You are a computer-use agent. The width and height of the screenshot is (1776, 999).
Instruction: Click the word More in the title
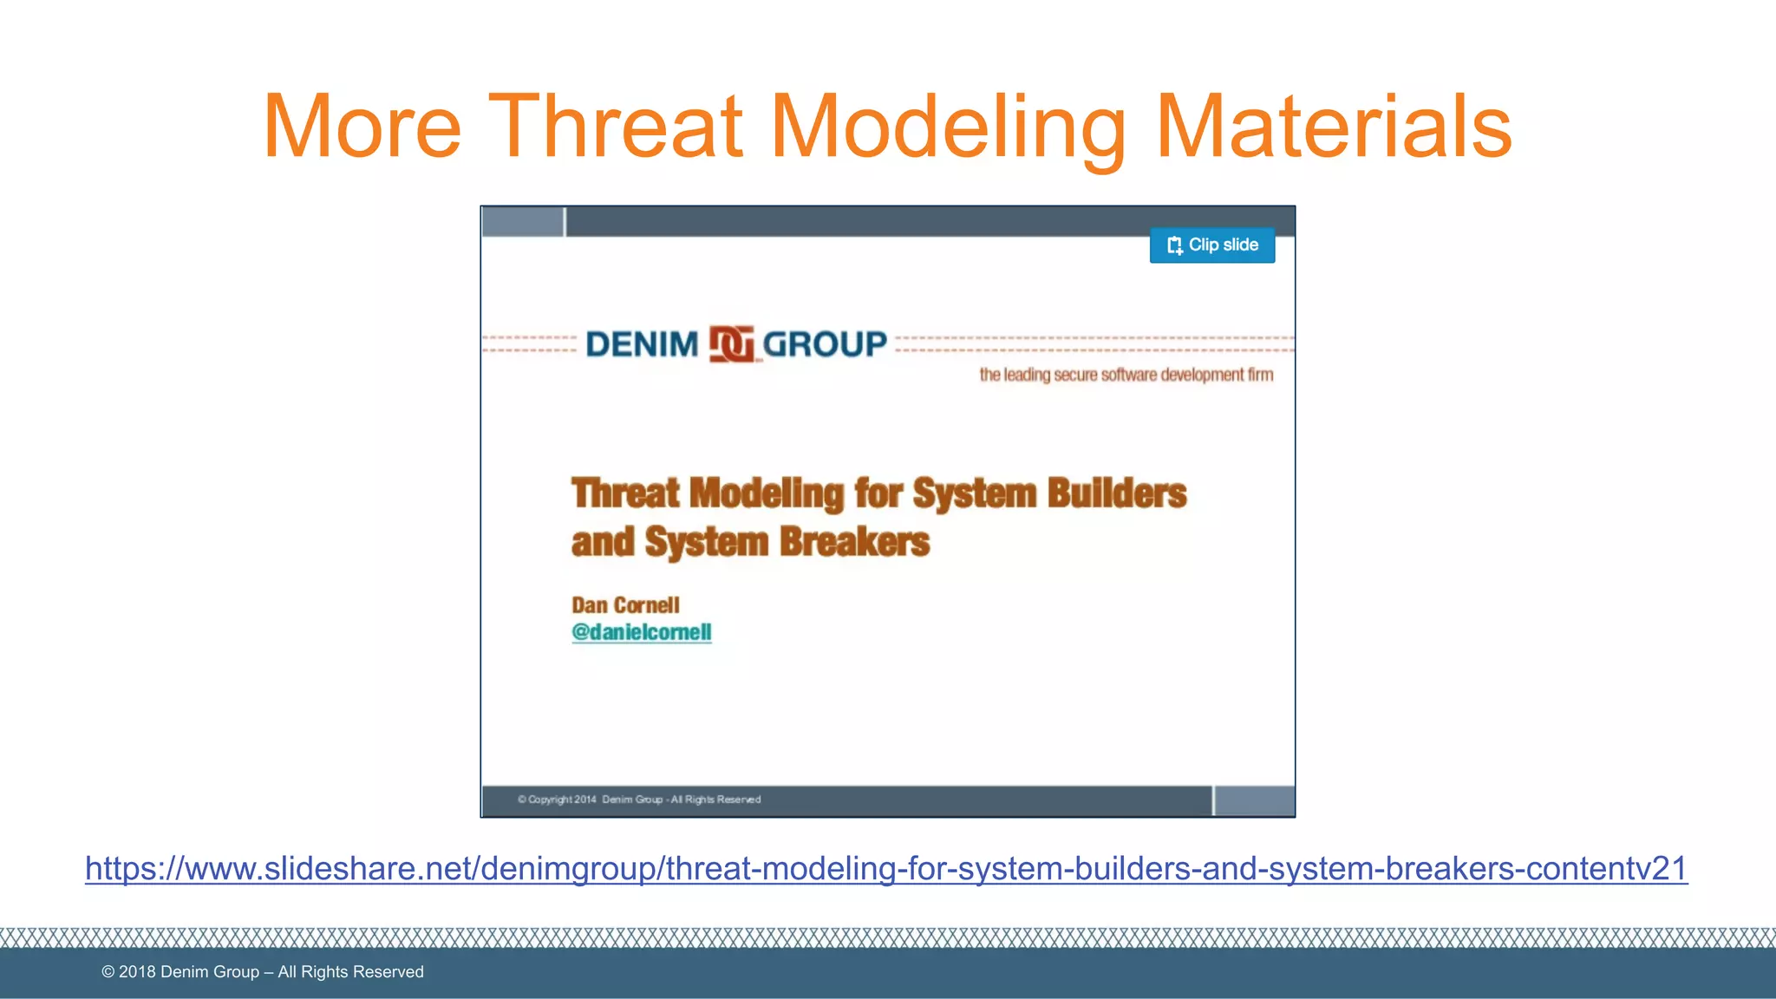point(362,127)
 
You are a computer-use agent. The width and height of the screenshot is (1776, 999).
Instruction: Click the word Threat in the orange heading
point(616,127)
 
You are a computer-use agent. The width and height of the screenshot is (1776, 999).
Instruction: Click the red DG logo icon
point(731,344)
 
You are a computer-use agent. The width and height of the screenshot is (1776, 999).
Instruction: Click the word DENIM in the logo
point(642,344)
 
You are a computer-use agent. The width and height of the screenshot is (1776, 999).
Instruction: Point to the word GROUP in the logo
point(825,344)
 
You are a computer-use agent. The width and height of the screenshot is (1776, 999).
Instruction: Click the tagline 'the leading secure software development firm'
point(1126,375)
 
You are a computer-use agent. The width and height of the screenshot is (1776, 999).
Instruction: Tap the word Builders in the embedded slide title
point(1117,493)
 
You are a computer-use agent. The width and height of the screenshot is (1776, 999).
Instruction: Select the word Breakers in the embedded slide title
point(854,542)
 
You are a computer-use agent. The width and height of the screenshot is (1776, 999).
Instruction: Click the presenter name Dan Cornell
point(625,605)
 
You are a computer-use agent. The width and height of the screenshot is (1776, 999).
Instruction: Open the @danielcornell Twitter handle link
point(642,632)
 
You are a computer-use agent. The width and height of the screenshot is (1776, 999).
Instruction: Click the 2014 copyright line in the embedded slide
point(639,800)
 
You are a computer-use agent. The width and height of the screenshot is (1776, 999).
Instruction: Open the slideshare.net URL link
point(886,868)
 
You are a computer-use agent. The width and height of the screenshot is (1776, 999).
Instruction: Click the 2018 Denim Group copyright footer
point(263,972)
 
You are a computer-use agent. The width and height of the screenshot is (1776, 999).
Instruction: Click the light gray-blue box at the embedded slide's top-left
point(523,222)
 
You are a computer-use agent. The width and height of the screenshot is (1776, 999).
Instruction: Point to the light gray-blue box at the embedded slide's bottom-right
point(1254,800)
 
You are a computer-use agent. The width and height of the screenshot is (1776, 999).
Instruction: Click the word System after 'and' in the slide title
point(706,542)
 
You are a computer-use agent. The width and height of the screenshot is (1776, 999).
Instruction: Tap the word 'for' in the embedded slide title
point(878,493)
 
